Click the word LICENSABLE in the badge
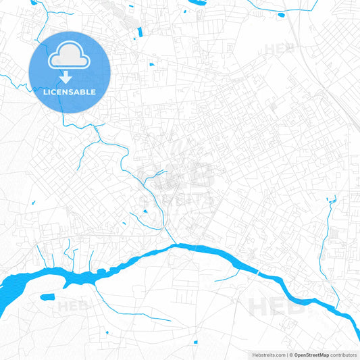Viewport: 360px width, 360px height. tap(70, 92)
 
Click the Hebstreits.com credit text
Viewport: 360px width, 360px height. tap(266, 355)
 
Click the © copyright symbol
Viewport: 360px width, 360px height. tap(290, 355)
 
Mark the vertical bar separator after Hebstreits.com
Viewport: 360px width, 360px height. tap(286, 355)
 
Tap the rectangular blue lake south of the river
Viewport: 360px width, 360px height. tap(47, 297)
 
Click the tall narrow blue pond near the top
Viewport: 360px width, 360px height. tap(140, 32)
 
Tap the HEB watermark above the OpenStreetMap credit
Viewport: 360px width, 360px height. tap(277, 307)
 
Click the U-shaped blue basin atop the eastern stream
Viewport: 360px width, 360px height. tap(331, 200)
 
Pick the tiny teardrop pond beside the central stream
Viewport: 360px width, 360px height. tap(145, 211)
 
